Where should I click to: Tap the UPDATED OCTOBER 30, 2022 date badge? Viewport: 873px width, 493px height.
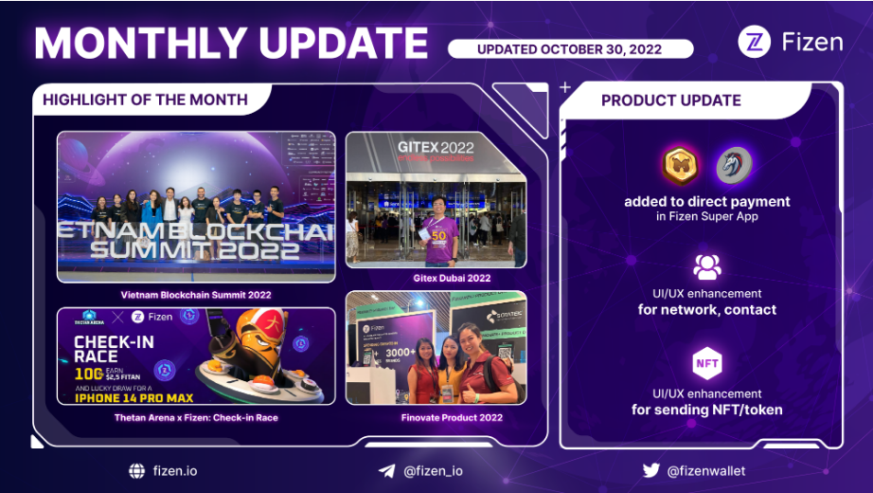point(570,48)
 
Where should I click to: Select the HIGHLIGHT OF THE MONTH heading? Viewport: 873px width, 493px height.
point(145,100)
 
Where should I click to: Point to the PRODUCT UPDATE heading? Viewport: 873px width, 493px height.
point(670,100)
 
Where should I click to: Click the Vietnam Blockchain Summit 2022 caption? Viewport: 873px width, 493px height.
point(196,295)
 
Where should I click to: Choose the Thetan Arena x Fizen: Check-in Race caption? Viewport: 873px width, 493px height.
point(196,417)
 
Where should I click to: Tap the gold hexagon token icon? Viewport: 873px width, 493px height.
point(680,165)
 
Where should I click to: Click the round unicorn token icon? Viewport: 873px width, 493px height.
point(733,165)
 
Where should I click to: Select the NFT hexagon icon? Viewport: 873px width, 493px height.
point(707,363)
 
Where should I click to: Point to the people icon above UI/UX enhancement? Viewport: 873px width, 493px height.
point(707,266)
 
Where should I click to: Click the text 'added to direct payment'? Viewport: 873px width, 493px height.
point(706,201)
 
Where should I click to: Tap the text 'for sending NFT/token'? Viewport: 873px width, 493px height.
point(706,410)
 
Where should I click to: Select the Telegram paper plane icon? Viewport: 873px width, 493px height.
point(386,470)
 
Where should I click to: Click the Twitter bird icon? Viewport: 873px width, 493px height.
point(650,470)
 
